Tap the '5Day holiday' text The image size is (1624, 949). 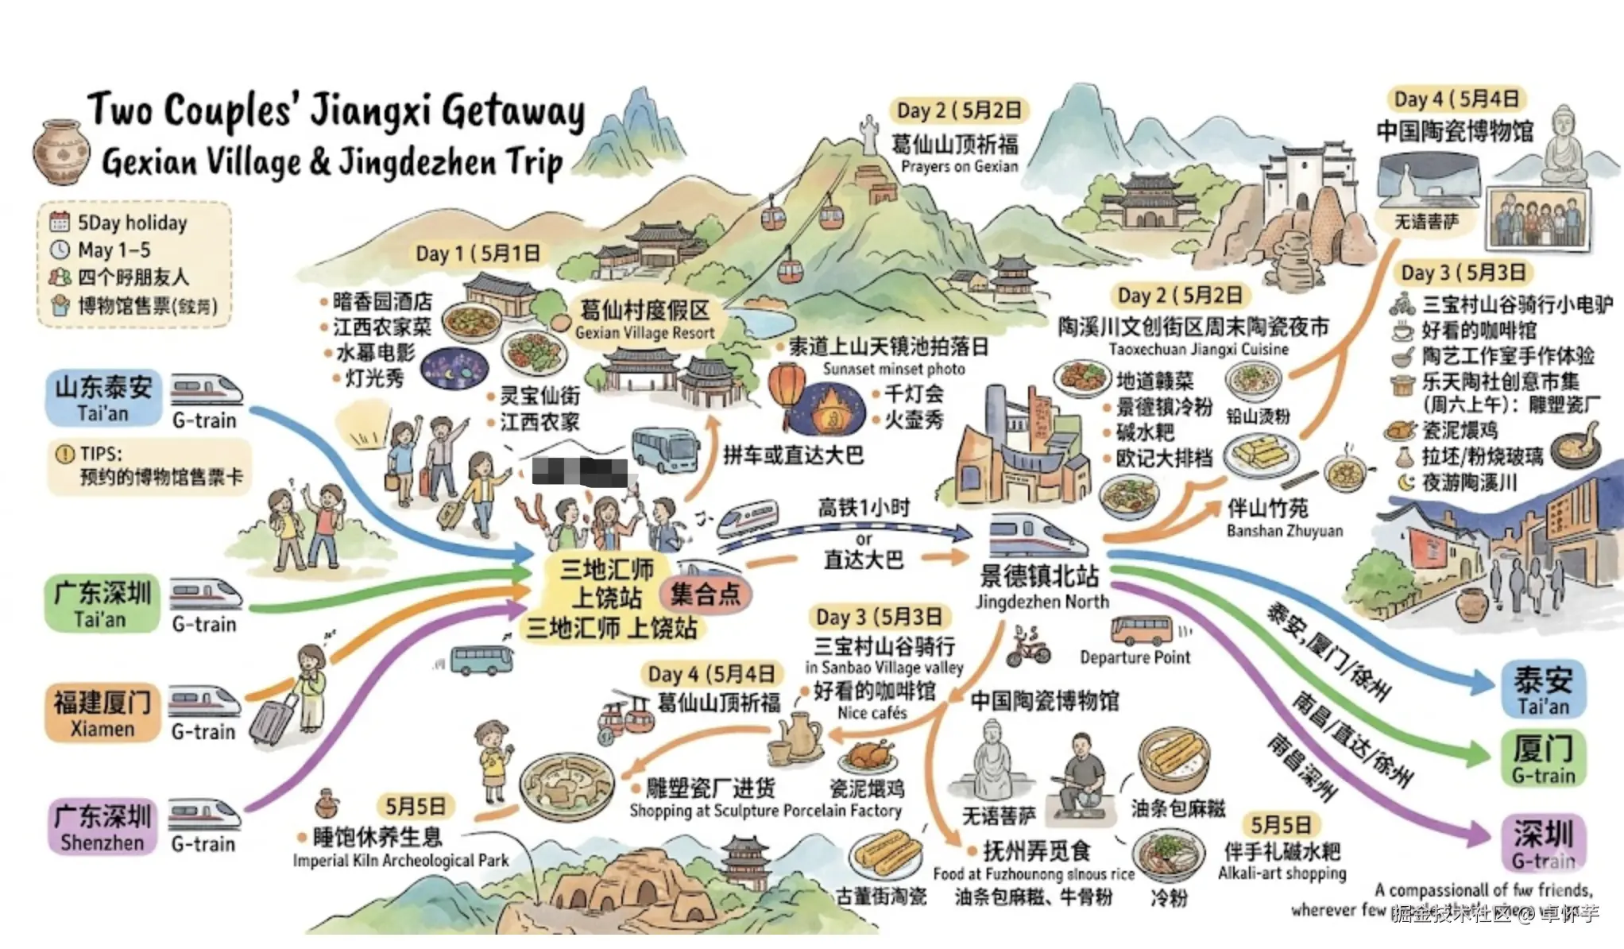click(132, 223)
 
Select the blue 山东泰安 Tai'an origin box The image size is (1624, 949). click(102, 397)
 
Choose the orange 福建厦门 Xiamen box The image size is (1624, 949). click(102, 713)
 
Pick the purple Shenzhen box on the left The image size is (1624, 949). click(102, 827)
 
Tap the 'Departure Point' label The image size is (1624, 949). click(1135, 657)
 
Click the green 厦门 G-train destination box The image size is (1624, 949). click(1542, 759)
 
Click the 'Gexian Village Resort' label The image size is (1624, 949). click(644, 333)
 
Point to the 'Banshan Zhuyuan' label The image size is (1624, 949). click(1284, 530)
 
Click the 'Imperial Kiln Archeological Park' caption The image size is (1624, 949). click(400, 861)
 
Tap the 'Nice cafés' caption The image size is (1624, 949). click(872, 713)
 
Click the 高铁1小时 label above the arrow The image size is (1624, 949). click(863, 507)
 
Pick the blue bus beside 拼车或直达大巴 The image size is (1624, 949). click(665, 450)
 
